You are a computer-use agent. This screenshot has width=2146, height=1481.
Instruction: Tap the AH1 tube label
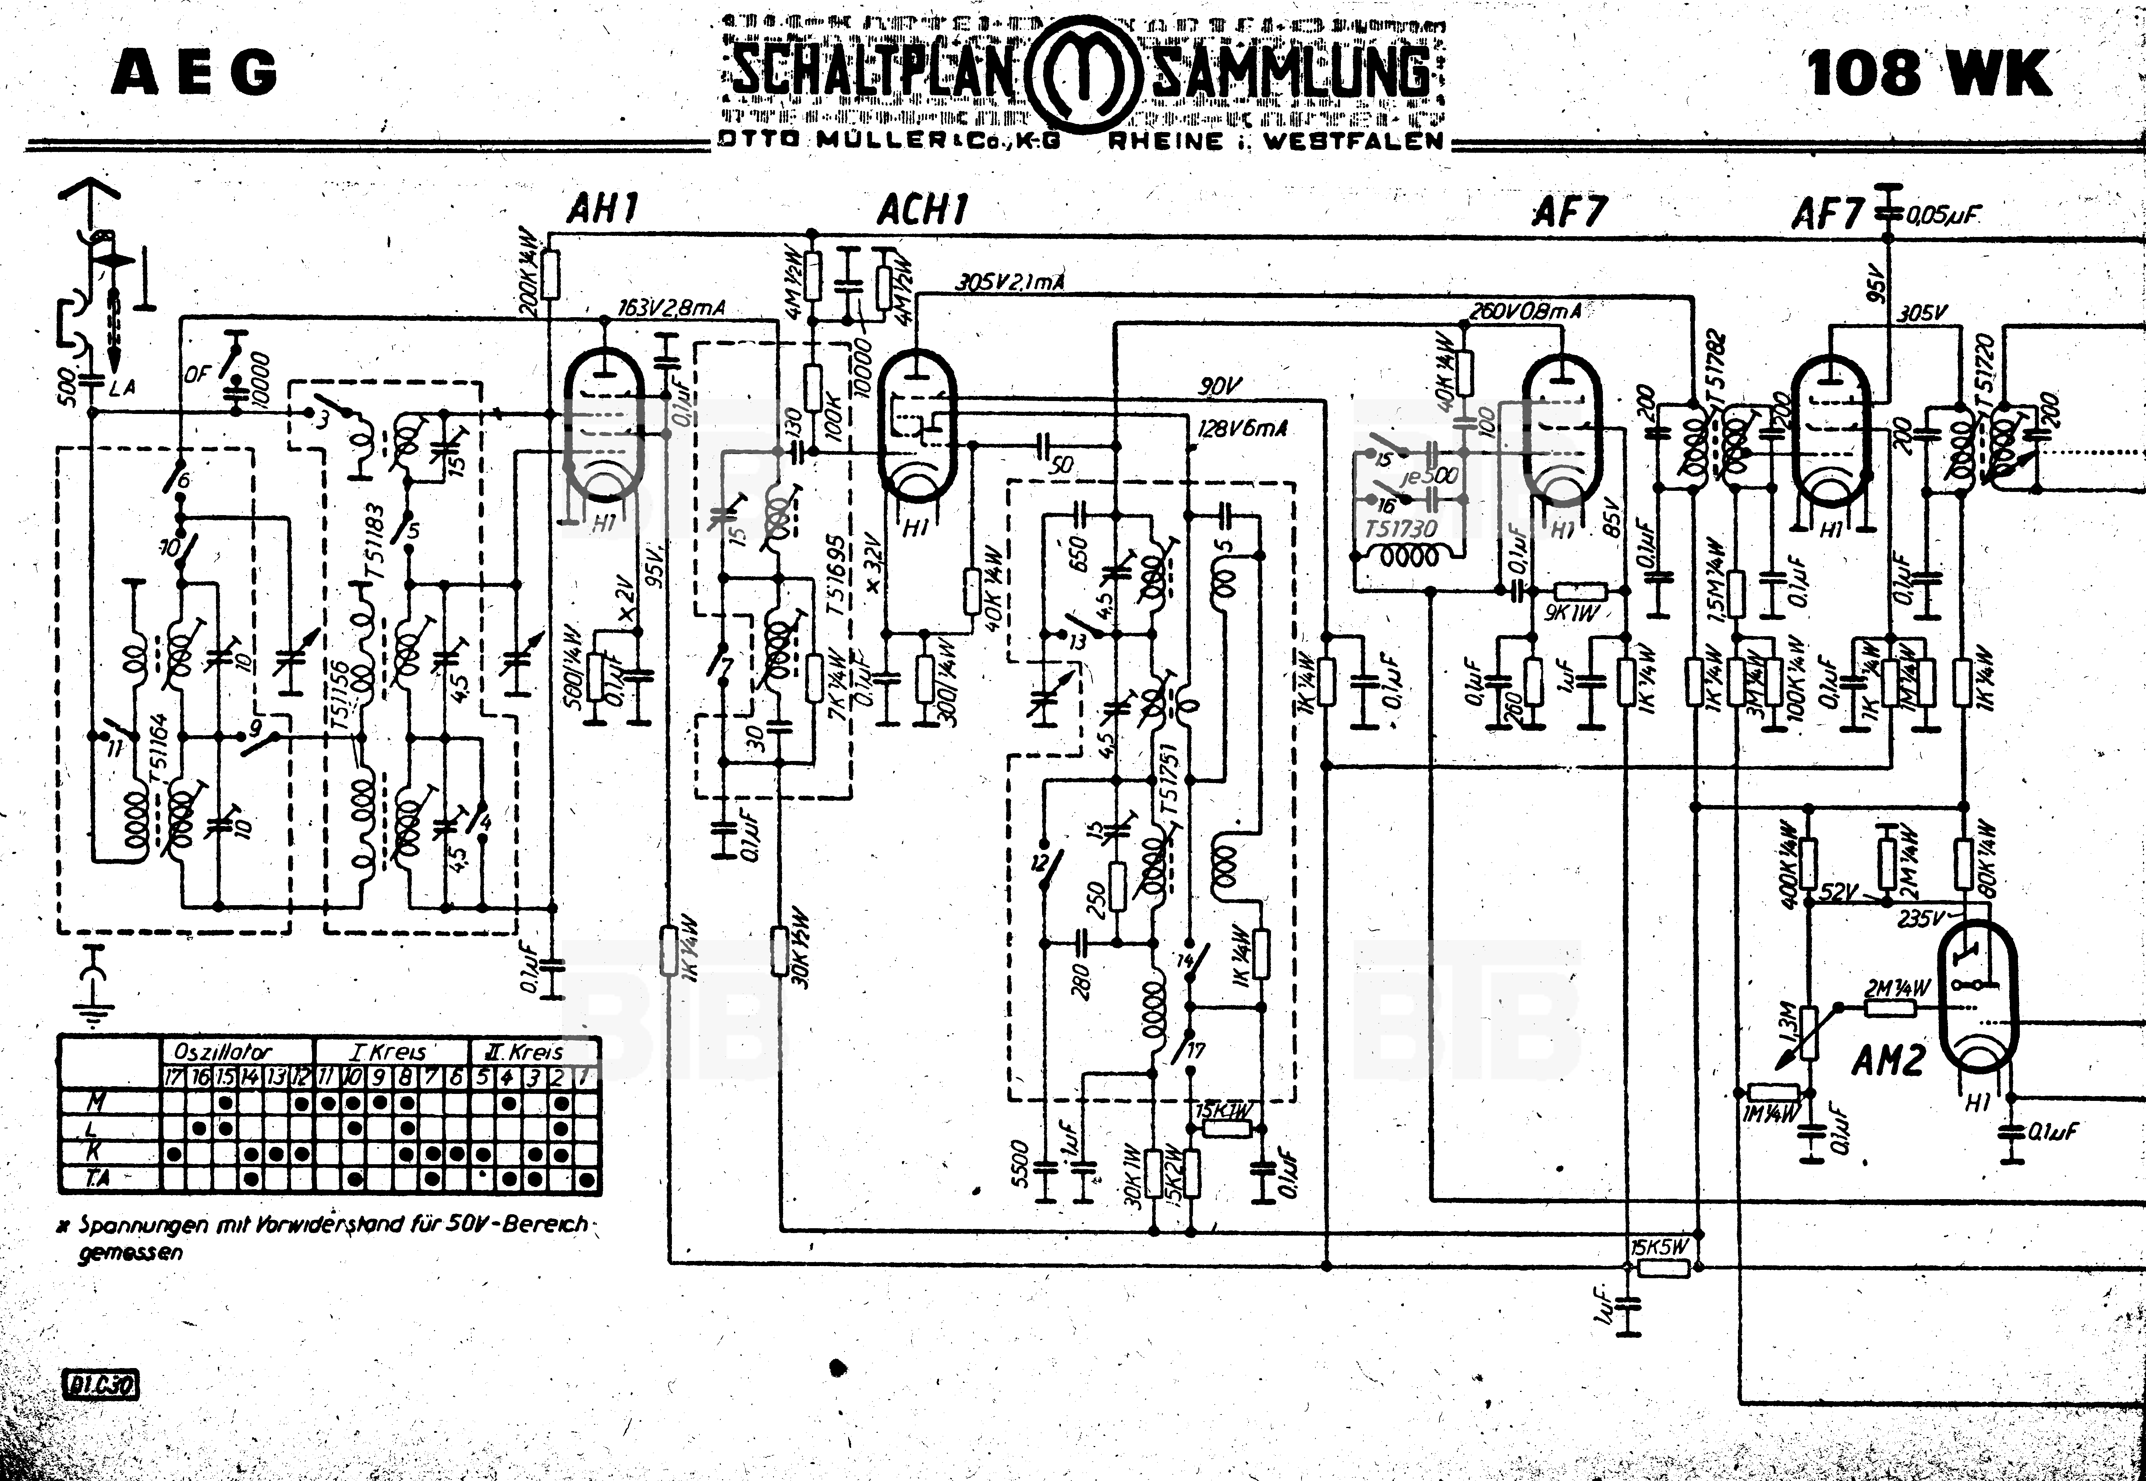(603, 210)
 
